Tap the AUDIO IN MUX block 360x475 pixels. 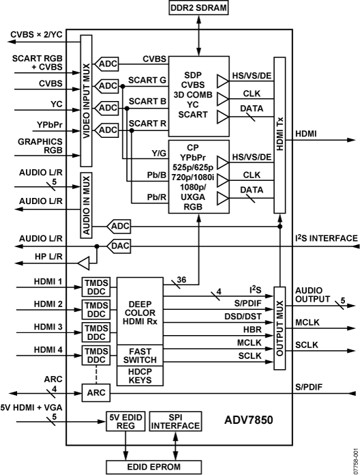coord(86,205)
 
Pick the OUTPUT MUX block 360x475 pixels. coord(279,328)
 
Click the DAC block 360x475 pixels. coord(121,245)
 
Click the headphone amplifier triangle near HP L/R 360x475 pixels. coord(83,261)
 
